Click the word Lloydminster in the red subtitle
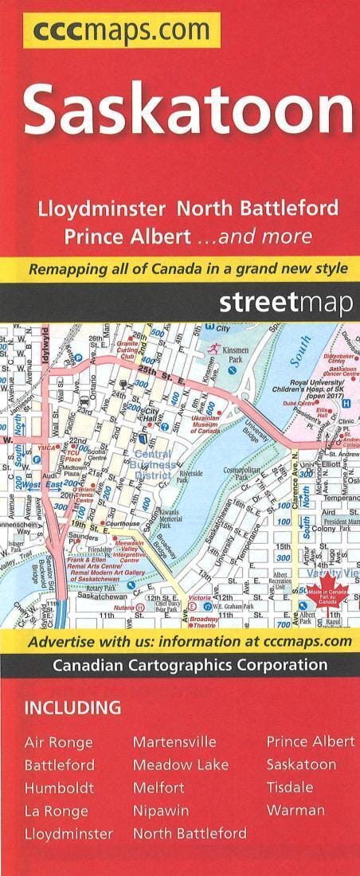pyautogui.click(x=102, y=209)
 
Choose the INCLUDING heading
pyautogui.click(x=72, y=707)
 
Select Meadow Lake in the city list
pyautogui.click(x=181, y=765)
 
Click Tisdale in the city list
pyautogui.click(x=290, y=787)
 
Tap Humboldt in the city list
pyautogui.click(x=59, y=788)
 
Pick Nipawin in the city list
pyautogui.click(x=161, y=811)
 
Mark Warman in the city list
pyautogui.click(x=295, y=811)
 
